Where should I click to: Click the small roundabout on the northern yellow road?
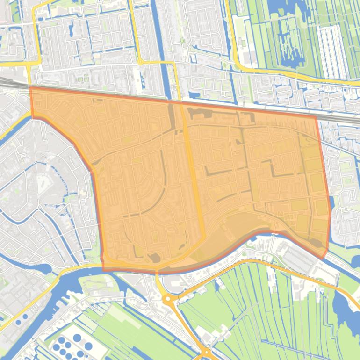(x=140, y=62)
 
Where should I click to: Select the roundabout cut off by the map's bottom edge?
(x=205, y=354)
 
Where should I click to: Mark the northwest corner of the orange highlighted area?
(x=30, y=87)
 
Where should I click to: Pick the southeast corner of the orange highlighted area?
(x=324, y=258)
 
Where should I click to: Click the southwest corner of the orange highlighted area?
(x=103, y=270)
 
